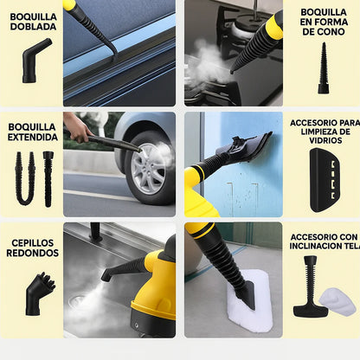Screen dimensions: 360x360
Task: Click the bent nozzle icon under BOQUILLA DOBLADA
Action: (x=35, y=60)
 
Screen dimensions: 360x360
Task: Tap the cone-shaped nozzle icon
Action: (x=323, y=67)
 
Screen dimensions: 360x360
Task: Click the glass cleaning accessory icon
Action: (x=325, y=179)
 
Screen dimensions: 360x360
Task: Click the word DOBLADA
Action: (x=32, y=26)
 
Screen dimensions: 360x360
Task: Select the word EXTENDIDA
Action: (x=32, y=137)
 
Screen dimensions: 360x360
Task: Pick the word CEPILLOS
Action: (x=32, y=243)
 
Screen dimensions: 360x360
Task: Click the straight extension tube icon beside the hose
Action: (x=48, y=177)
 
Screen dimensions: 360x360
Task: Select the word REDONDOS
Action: (x=32, y=254)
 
